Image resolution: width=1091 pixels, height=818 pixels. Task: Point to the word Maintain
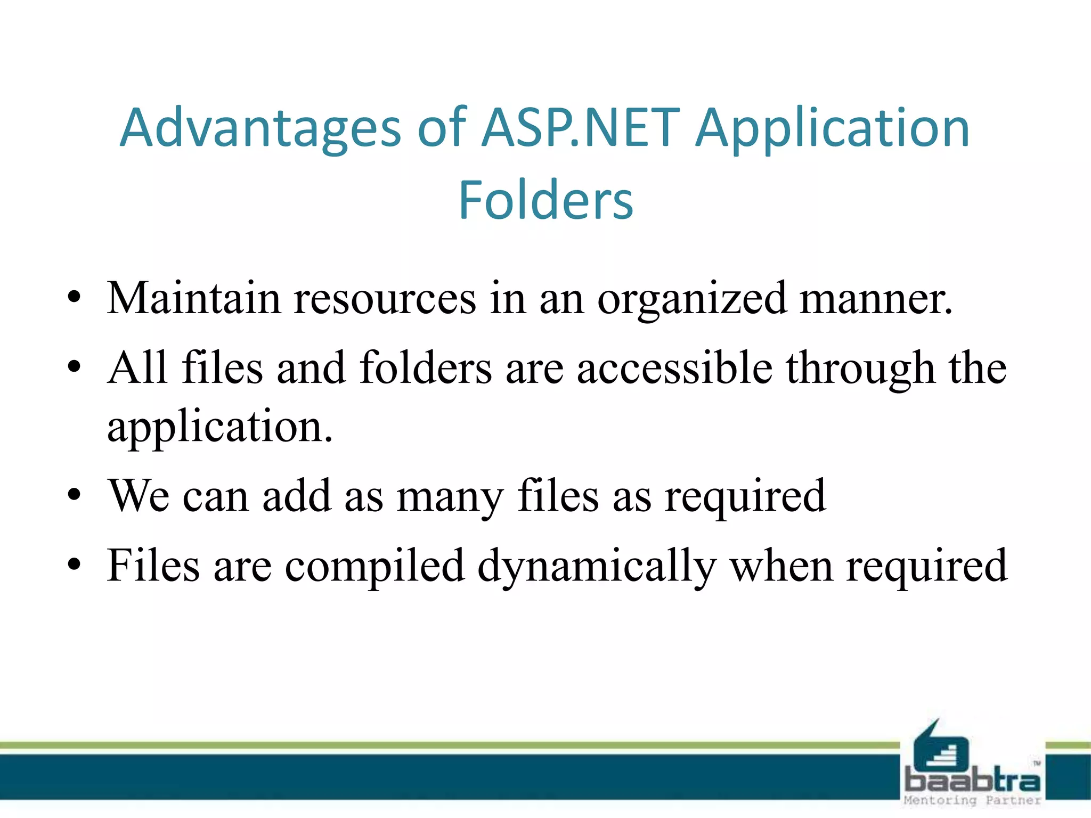pos(193,298)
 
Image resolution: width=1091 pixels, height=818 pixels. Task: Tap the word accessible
pos(674,368)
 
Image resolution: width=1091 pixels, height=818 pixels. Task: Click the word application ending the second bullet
pos(219,428)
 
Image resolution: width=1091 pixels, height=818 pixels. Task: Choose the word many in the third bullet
pos(450,497)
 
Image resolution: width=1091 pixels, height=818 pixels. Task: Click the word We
pos(139,496)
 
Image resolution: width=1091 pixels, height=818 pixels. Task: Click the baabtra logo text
pos(972,781)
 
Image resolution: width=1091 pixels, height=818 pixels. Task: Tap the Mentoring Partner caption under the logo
pos(972,800)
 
